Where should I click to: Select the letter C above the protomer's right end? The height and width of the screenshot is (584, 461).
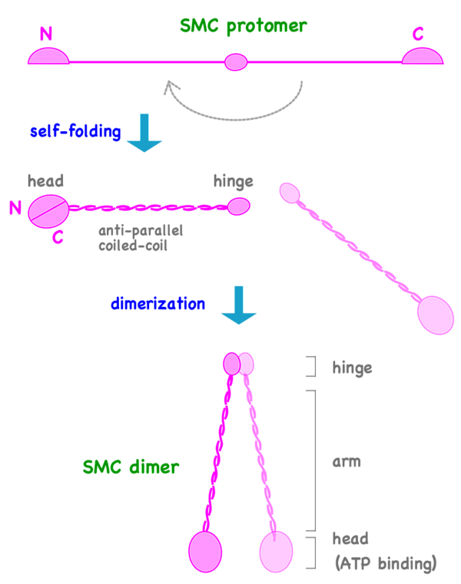point(418,33)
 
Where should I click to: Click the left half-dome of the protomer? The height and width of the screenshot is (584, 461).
point(49,56)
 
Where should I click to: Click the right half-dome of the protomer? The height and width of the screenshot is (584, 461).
point(423,56)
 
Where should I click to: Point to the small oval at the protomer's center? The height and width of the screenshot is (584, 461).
point(236,61)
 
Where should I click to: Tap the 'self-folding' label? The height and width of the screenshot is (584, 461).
point(75,131)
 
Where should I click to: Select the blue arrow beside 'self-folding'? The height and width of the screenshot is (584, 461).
point(144,132)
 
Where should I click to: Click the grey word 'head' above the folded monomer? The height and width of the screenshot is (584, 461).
point(45,182)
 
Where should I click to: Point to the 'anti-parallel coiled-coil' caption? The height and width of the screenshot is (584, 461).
point(141,238)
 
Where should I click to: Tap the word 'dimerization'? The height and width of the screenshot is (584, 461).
point(158,304)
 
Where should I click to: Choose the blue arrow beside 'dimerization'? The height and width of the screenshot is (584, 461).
point(238,304)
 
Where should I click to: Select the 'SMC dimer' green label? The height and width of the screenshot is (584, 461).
point(131,467)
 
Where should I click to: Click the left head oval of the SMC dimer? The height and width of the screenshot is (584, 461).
point(205,551)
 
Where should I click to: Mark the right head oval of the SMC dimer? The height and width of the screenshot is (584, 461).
point(276,551)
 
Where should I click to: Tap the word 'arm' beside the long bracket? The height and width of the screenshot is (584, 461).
point(347,462)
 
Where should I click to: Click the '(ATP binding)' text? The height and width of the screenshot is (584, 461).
point(386,564)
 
